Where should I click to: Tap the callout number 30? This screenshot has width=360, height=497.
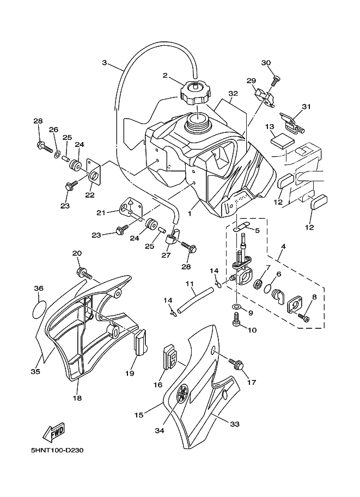tap(266, 63)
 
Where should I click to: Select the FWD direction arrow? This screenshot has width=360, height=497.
tap(53, 434)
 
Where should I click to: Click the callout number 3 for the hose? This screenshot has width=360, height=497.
tap(105, 63)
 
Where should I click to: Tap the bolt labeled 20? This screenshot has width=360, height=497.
tap(83, 272)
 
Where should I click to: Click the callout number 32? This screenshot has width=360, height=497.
tap(233, 94)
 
